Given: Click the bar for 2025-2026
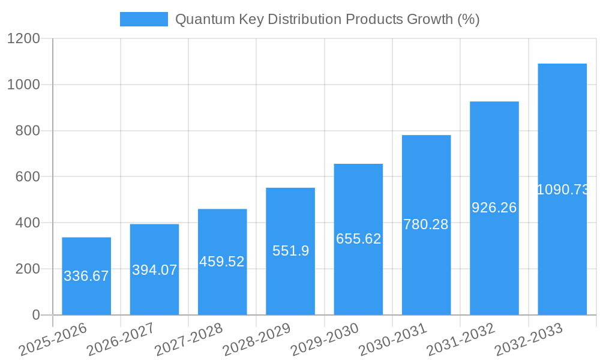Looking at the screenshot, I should tap(86, 276).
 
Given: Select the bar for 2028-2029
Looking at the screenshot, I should tap(290, 251).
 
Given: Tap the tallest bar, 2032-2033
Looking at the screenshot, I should tap(562, 189).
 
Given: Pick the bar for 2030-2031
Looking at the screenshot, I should tap(426, 225).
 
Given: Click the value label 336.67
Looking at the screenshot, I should tap(86, 276).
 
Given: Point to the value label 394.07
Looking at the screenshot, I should tap(154, 270).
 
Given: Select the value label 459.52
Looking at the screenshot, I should tap(222, 262).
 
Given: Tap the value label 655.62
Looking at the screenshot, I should tap(358, 239).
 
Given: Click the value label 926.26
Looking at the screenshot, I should tap(494, 208).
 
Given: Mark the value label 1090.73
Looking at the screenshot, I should tap(562, 190).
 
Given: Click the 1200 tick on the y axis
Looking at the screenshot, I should tap(23, 39).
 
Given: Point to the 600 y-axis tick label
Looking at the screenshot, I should tap(26, 177).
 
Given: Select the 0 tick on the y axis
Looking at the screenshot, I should tap(35, 315).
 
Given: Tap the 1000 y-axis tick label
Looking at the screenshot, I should tap(23, 85).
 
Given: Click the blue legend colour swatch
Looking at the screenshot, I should tap(144, 19).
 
